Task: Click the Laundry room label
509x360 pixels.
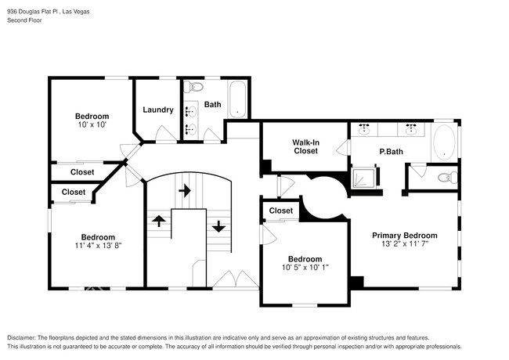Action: click(x=158, y=110)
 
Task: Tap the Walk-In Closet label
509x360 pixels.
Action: click(x=305, y=146)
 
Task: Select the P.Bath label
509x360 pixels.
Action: click(x=391, y=151)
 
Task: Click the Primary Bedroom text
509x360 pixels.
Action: click(x=404, y=236)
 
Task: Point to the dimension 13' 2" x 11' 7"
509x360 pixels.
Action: click(x=404, y=244)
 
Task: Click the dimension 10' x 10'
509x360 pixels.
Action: click(x=91, y=124)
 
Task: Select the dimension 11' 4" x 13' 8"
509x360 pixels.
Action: click(x=98, y=246)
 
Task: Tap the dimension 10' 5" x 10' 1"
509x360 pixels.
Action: click(x=304, y=268)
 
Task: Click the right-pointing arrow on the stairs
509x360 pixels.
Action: click(x=185, y=189)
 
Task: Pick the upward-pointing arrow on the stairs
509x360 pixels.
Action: click(x=158, y=221)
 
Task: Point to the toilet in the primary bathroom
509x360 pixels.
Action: click(x=444, y=178)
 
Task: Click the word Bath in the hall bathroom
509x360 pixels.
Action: click(x=213, y=104)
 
